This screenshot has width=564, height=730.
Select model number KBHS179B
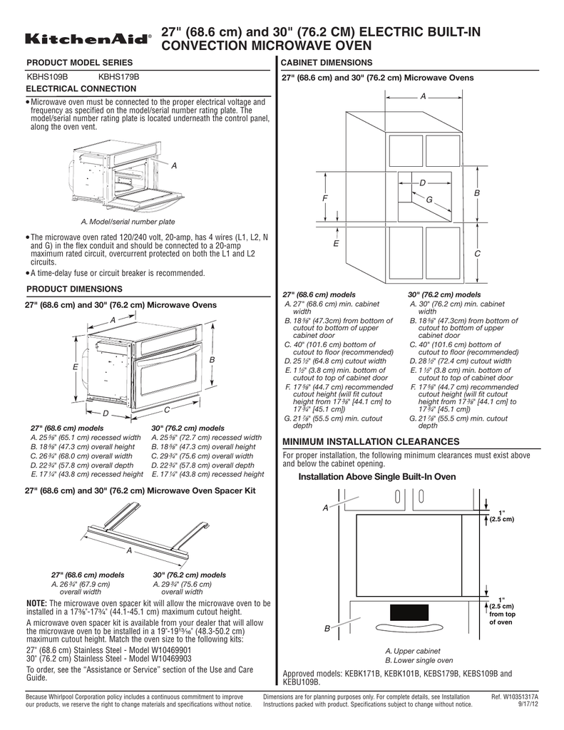pyautogui.click(x=118, y=76)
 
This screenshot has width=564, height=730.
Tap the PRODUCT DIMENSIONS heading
pyautogui.click(x=75, y=289)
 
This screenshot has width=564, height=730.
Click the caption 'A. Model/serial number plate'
pyautogui.click(x=128, y=222)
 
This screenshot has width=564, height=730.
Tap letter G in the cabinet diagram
pyautogui.click(x=429, y=205)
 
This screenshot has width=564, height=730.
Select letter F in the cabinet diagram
pyautogui.click(x=324, y=198)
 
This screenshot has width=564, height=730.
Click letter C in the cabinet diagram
pyautogui.click(x=477, y=255)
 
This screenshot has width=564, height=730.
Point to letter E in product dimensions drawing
pyautogui.click(x=74, y=366)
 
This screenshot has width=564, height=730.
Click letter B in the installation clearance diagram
pyautogui.click(x=327, y=629)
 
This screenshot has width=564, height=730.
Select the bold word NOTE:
pyautogui.click(x=36, y=603)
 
